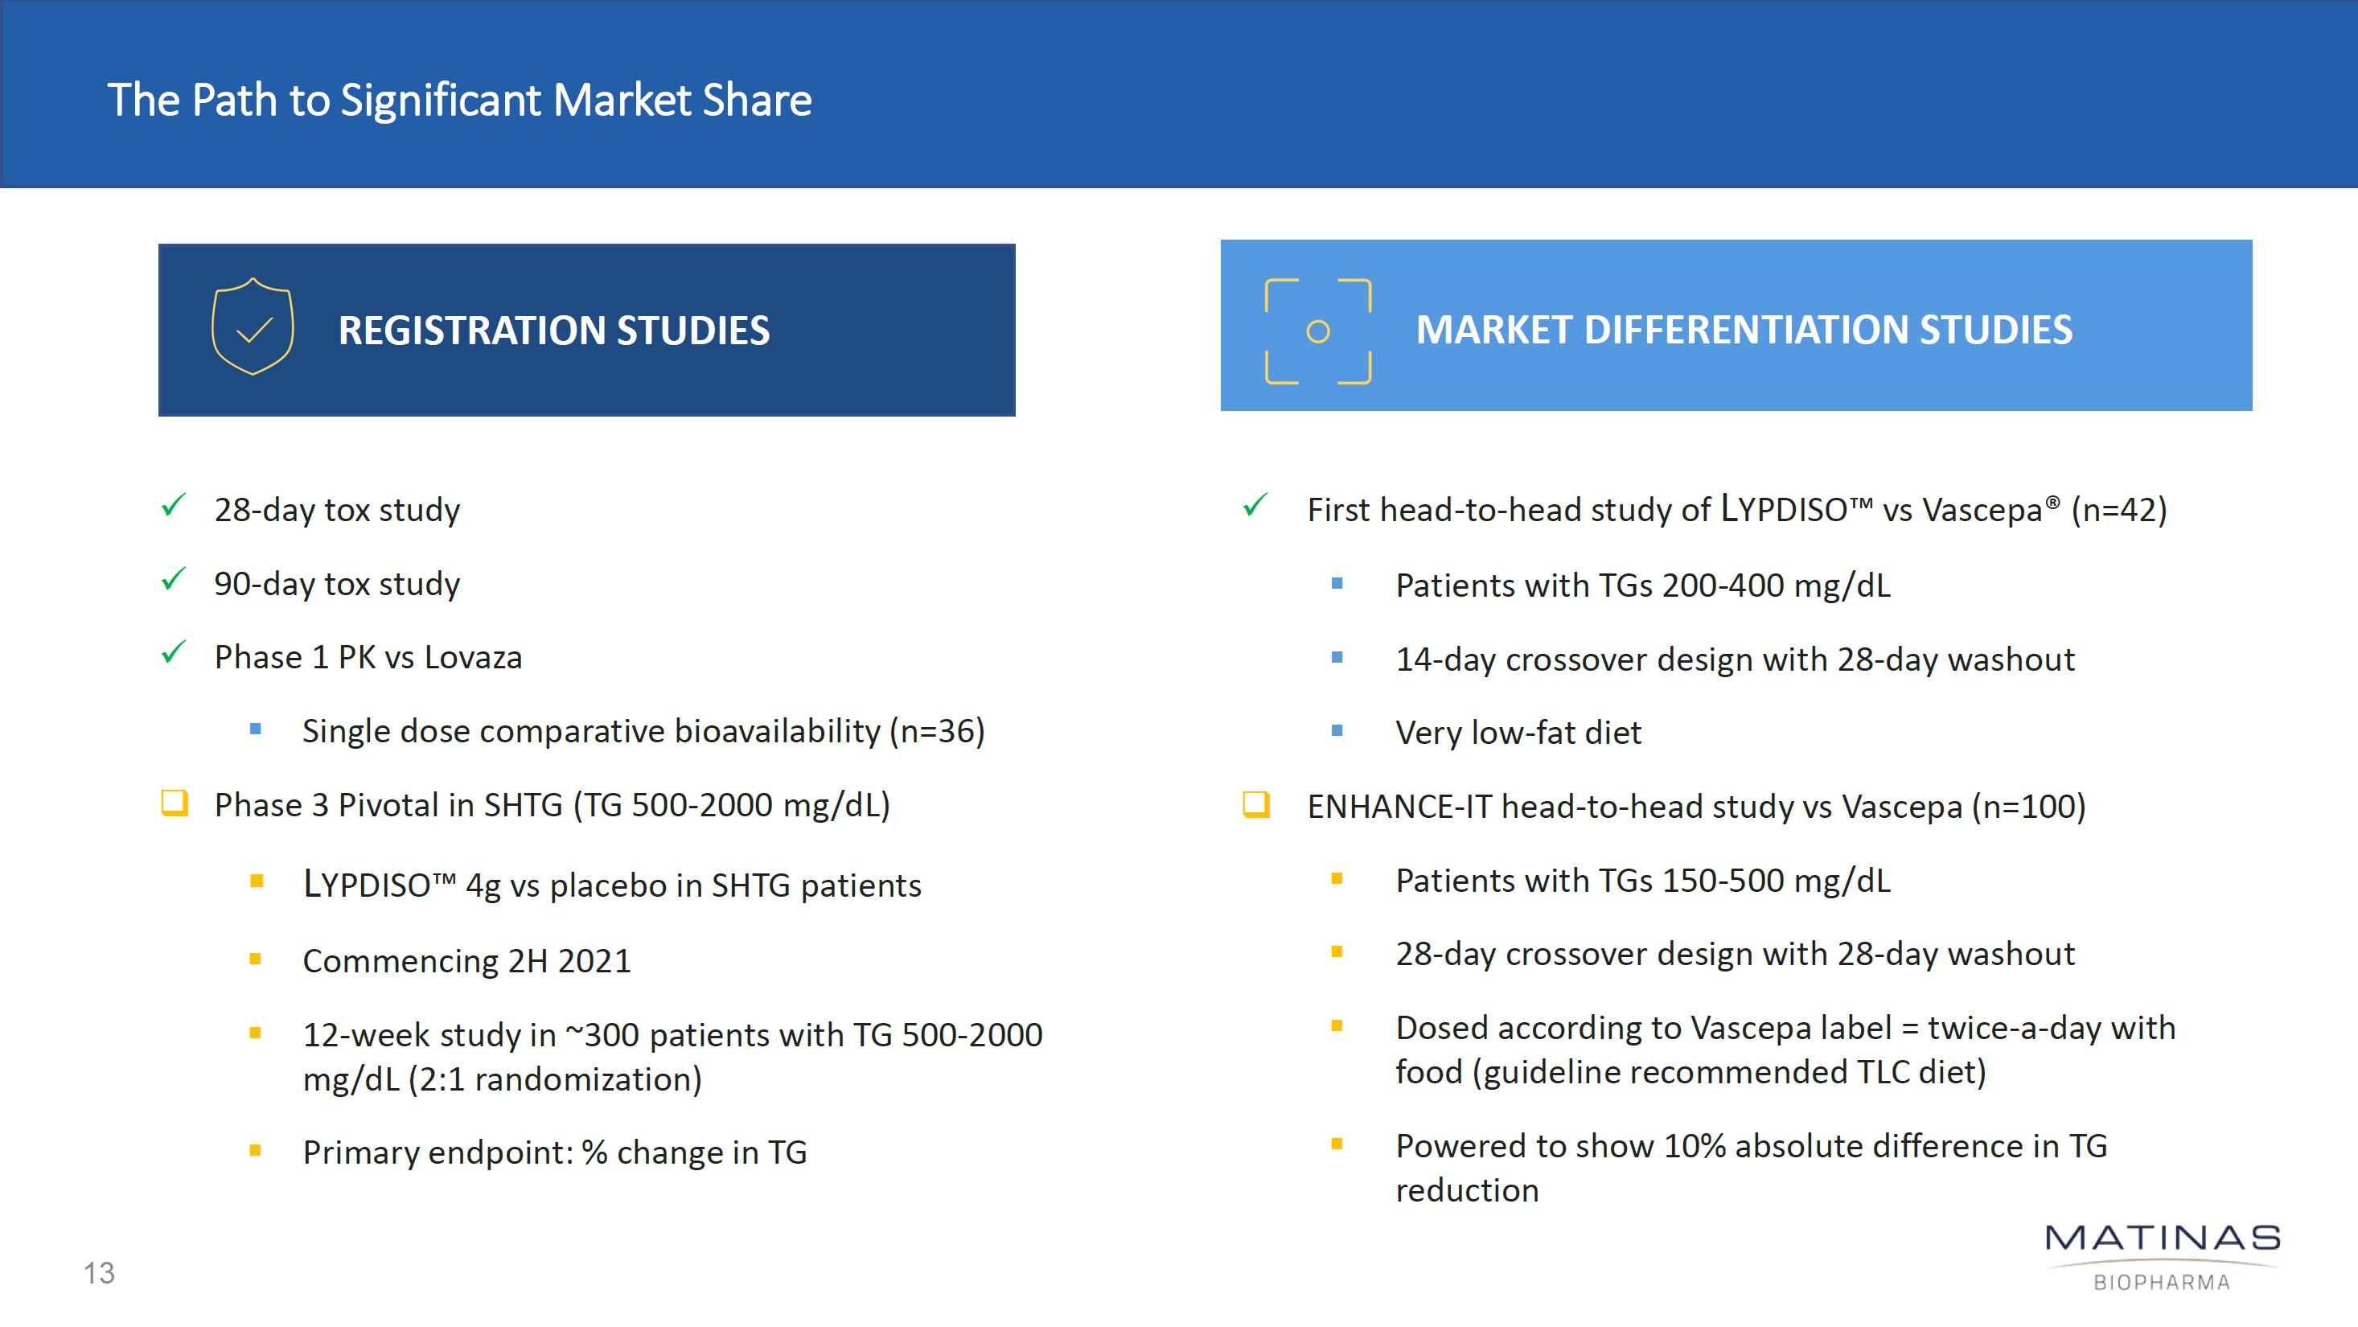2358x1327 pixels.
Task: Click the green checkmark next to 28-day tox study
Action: [x=173, y=504]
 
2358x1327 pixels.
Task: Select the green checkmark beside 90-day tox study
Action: [x=173, y=578]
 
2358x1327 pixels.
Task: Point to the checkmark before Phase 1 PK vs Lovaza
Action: [x=173, y=651]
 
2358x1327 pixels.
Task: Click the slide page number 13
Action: [x=99, y=1273]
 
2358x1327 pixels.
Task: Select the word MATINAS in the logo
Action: [x=2162, y=1239]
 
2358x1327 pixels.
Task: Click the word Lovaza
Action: [x=473, y=657]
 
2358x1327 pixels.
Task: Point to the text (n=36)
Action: [x=938, y=731]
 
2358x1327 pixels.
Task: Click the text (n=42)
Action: [x=2119, y=510]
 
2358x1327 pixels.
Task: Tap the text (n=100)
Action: [x=2028, y=807]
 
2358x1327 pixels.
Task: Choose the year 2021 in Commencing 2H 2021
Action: [x=595, y=961]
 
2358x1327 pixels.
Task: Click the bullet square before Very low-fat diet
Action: [x=1337, y=730]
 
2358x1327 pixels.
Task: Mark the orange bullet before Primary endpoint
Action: [x=256, y=1150]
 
